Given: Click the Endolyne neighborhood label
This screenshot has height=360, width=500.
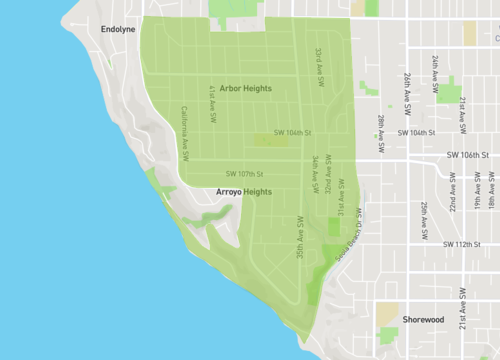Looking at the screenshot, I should point(117,30).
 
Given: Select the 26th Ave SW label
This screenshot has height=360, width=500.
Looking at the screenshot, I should point(408,88).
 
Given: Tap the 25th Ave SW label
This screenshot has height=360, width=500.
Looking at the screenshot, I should point(424,219).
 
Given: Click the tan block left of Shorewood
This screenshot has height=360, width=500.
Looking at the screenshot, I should point(388,313).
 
